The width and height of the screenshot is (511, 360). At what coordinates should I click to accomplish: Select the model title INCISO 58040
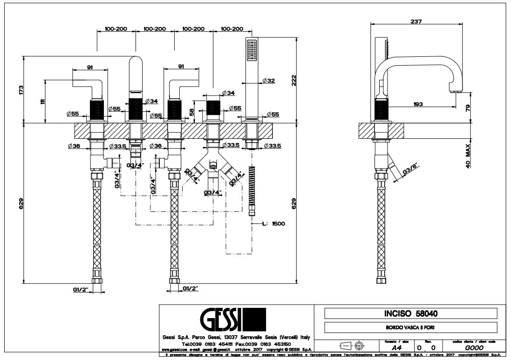click(410, 313)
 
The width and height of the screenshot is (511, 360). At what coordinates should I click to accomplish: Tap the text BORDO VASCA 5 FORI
click(410, 327)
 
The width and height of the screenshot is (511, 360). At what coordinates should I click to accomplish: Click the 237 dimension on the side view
click(416, 20)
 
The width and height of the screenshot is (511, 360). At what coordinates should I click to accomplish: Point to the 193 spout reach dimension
click(417, 104)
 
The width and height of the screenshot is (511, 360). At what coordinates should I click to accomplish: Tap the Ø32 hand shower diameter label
click(268, 81)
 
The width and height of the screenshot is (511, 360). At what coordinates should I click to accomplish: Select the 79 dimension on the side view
click(468, 108)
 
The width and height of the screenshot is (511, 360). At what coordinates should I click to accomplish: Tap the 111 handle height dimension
click(43, 101)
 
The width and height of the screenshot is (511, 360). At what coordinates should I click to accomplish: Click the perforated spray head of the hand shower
click(252, 50)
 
